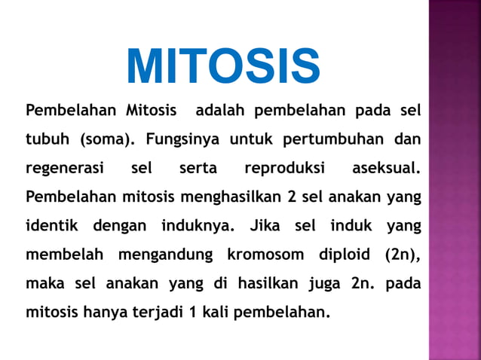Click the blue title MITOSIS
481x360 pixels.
[223, 67]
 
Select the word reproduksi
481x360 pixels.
[284, 169]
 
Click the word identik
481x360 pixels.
[54, 226]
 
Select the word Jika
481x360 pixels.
[265, 226]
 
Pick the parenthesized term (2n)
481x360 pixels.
[402, 255]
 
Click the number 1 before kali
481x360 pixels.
[194, 312]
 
